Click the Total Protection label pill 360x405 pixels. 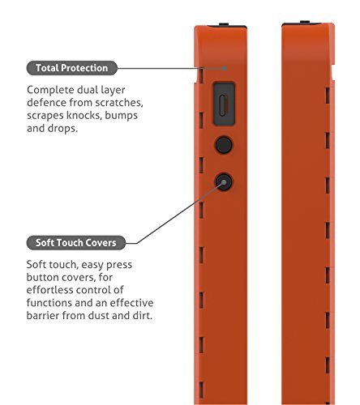[x=72, y=68]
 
